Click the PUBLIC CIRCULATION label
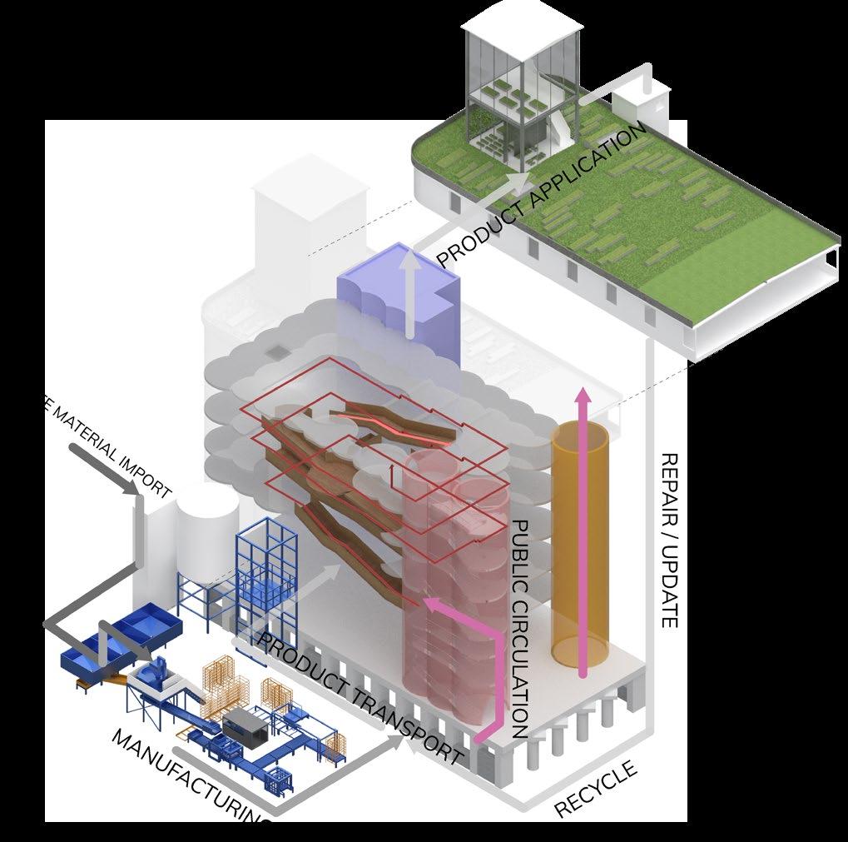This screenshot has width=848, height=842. [x=520, y=629]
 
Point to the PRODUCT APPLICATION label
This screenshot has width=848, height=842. [x=541, y=197]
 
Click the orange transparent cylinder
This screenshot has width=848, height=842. [x=580, y=550]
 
